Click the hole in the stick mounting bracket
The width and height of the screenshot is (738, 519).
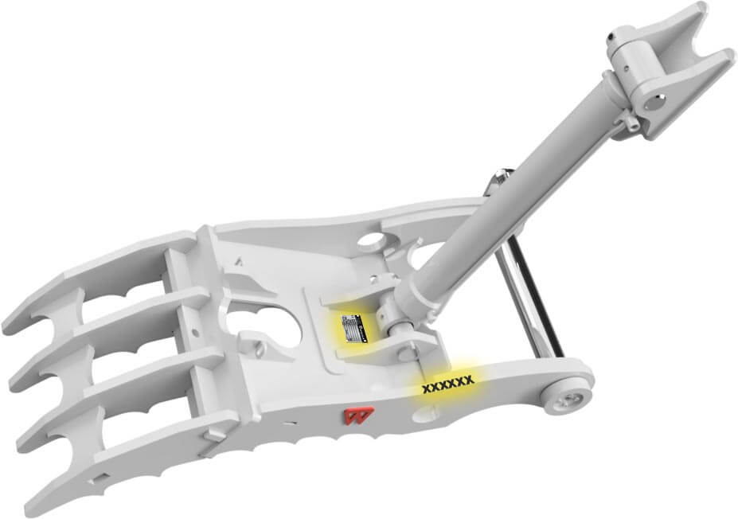[x=652, y=101]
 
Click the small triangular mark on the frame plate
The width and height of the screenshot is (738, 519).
[x=239, y=259]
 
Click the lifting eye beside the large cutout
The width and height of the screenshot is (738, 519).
[x=259, y=349]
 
